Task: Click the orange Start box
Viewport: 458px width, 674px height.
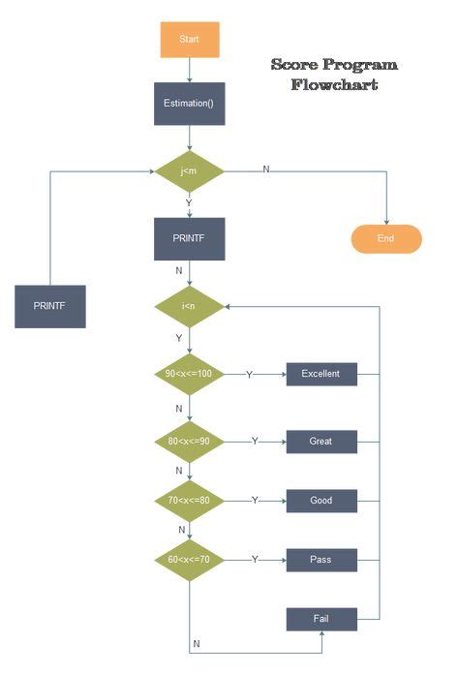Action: (x=190, y=40)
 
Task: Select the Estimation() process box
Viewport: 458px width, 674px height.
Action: (x=190, y=103)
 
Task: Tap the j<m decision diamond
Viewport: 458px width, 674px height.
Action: (x=190, y=170)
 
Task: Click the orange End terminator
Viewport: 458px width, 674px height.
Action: (x=386, y=238)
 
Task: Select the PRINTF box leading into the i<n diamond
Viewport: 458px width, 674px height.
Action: (x=190, y=238)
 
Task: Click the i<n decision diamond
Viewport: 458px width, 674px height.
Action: (x=190, y=306)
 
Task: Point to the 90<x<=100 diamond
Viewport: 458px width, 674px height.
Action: (x=190, y=374)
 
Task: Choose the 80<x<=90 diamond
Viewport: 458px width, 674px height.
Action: (x=190, y=441)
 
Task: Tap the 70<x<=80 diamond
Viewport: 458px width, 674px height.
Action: (x=190, y=501)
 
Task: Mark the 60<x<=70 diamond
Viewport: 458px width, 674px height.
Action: (x=190, y=560)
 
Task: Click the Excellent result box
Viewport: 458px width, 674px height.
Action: (x=321, y=374)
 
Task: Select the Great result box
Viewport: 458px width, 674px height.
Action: (x=321, y=442)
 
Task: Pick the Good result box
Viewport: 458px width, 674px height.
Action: (x=321, y=501)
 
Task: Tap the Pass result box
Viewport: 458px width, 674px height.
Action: (x=321, y=560)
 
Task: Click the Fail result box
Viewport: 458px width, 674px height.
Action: (x=321, y=618)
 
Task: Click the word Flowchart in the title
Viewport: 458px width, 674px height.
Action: (x=334, y=85)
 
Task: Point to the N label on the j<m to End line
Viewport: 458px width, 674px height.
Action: (x=266, y=169)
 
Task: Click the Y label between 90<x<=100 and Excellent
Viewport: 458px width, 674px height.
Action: (x=250, y=374)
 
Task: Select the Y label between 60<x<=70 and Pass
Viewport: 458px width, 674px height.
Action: (x=255, y=560)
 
